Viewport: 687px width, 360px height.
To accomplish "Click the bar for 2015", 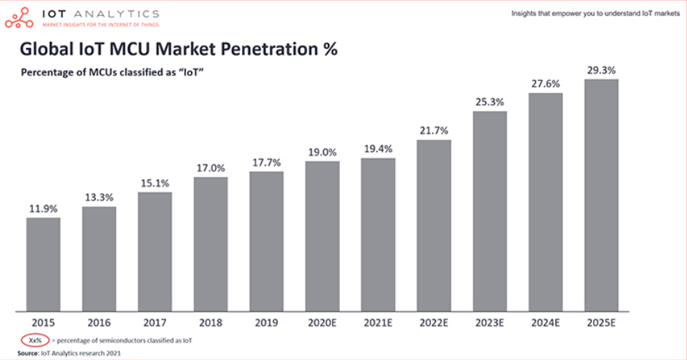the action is pyautogui.click(x=44, y=265).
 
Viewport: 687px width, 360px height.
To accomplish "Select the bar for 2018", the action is pyautogui.click(x=210, y=244).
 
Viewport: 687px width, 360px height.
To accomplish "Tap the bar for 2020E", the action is pyautogui.click(x=323, y=236).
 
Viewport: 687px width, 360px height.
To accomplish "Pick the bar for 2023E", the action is pyautogui.click(x=489, y=212).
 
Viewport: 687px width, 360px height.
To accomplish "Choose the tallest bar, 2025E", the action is pyautogui.click(x=602, y=195).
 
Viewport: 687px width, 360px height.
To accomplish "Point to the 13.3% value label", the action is pyautogui.click(x=99, y=198).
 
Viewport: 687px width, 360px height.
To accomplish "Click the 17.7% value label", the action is pyautogui.click(x=266, y=163).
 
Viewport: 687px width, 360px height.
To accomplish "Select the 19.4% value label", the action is pyautogui.click(x=378, y=149).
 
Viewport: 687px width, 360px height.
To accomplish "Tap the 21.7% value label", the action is pyautogui.click(x=434, y=130).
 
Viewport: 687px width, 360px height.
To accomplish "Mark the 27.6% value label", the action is pyautogui.click(x=545, y=84).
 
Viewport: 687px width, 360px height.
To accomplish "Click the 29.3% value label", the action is pyautogui.click(x=602, y=70).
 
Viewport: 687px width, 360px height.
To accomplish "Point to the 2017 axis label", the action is pyautogui.click(x=155, y=323).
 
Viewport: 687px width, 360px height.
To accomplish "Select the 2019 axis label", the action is pyautogui.click(x=266, y=323).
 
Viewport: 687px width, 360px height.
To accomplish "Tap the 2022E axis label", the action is pyautogui.click(x=434, y=323).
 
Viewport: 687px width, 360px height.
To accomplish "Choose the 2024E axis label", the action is pyautogui.click(x=545, y=323).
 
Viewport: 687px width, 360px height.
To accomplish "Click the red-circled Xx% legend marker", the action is pyautogui.click(x=35, y=340).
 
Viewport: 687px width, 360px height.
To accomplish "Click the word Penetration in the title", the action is pyautogui.click(x=270, y=49).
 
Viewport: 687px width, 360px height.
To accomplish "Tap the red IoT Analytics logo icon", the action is pyautogui.click(x=19, y=18).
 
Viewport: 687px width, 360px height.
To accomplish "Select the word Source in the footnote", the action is pyautogui.click(x=28, y=353).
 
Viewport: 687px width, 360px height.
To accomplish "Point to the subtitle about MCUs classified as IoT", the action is pyautogui.click(x=112, y=72).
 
